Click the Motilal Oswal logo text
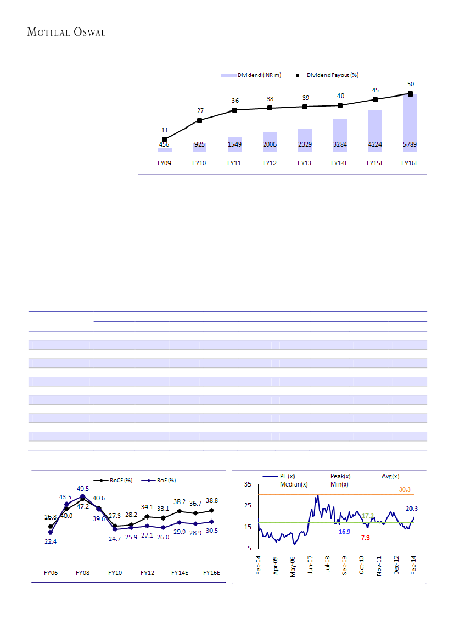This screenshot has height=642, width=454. pyautogui.click(x=66, y=32)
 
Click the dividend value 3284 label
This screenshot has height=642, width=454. pyautogui.click(x=340, y=144)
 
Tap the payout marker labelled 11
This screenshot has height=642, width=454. pyautogui.click(x=164, y=139)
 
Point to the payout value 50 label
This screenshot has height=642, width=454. pyautogui.click(x=410, y=84)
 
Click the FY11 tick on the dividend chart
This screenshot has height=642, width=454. pyautogui.click(x=234, y=163)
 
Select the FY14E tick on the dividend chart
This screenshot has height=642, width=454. pyautogui.click(x=340, y=163)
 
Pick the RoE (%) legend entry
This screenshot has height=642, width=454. pyautogui.click(x=164, y=481)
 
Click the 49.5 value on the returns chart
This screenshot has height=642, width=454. pyautogui.click(x=83, y=488)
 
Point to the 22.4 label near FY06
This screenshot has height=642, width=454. pyautogui.click(x=51, y=541)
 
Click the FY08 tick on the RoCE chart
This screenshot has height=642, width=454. pyautogui.click(x=82, y=572)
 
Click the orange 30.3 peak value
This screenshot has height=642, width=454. pyautogui.click(x=406, y=489)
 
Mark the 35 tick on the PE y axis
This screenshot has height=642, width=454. pyautogui.click(x=248, y=484)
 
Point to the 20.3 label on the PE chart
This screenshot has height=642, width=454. pyautogui.click(x=412, y=509)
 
